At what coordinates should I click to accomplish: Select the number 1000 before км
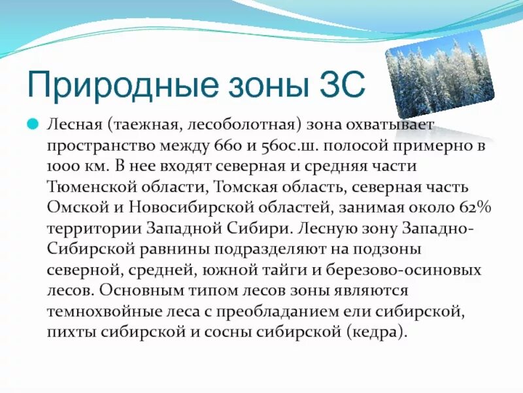coord(61,166)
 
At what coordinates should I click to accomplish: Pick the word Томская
coord(246,187)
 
